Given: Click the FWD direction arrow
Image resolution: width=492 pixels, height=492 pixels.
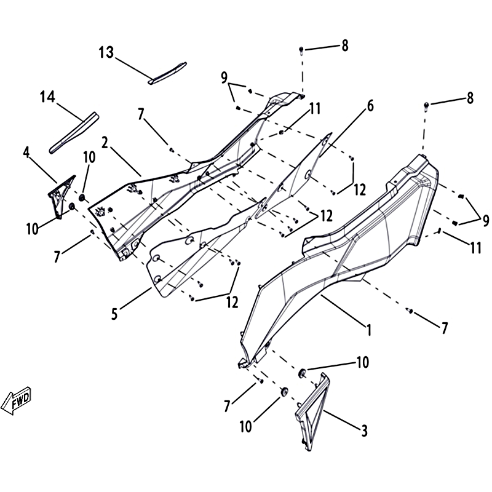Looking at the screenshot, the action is click(x=17, y=400).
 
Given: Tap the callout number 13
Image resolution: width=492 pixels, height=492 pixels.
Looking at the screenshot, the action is click(x=106, y=52).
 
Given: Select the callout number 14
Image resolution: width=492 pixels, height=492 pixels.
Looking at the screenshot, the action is click(x=47, y=97).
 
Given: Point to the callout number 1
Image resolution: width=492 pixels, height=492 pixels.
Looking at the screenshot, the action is click(x=370, y=330).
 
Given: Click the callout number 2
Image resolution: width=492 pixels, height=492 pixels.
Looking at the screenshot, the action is click(x=105, y=143).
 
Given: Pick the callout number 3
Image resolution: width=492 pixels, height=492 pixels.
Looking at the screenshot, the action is click(x=364, y=430).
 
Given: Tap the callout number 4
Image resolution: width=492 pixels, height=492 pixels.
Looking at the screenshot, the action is click(x=26, y=153).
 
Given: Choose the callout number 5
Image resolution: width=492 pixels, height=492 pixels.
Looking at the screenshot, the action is click(x=114, y=314).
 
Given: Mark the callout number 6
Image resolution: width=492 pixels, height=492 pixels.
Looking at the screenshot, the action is click(x=371, y=106).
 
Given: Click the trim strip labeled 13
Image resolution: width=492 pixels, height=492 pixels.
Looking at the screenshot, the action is click(x=167, y=73).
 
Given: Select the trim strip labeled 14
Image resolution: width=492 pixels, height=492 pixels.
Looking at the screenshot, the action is click(x=74, y=133).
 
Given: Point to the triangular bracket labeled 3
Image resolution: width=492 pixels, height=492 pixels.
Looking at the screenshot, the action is click(x=312, y=412).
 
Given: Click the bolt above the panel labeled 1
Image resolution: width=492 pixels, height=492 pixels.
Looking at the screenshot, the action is click(x=426, y=106).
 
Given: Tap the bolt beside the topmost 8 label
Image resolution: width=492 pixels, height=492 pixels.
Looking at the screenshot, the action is click(x=301, y=50).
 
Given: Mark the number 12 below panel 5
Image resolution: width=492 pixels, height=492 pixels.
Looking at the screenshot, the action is click(x=232, y=303).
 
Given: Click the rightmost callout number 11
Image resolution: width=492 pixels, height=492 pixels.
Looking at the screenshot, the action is click(x=475, y=248).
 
